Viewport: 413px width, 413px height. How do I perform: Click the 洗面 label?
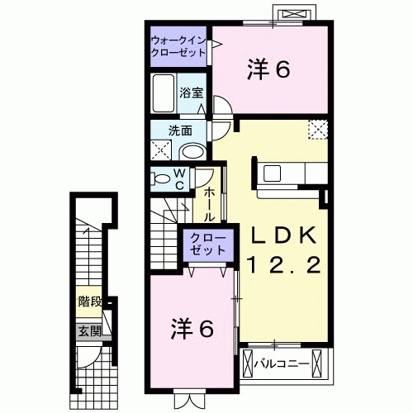coord(181,131)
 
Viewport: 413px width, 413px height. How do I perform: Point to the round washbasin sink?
coord(192,151)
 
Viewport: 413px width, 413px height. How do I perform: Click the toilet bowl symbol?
coord(159,178)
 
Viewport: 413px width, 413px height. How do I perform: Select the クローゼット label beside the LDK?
coord(203,243)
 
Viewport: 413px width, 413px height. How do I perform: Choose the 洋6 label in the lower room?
coord(192,328)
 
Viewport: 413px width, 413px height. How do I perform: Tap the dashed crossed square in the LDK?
coord(318,130)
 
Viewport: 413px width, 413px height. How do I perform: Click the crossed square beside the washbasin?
coord(162,150)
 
